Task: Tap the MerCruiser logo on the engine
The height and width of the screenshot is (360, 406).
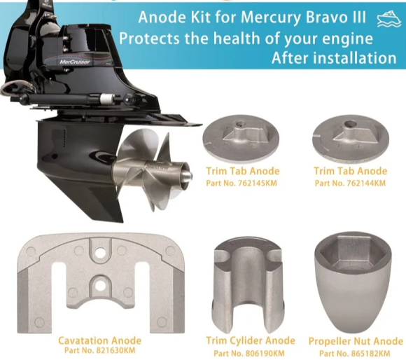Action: (x=75, y=62)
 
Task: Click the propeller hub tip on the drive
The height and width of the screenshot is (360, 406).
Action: (x=188, y=176)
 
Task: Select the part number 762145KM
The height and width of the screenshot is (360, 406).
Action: (x=257, y=183)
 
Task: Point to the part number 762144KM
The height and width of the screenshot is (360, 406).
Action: (x=366, y=183)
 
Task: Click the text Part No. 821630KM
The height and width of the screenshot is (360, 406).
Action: (x=99, y=350)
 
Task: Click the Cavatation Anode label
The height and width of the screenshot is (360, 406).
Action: (x=99, y=340)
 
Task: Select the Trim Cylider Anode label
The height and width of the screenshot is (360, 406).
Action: (x=251, y=340)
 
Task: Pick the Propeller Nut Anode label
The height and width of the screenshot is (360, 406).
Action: (x=356, y=341)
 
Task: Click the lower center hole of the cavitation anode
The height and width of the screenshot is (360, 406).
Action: (x=101, y=286)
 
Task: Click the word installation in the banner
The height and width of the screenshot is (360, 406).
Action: (x=356, y=58)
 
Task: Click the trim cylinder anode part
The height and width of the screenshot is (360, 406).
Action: (x=248, y=286)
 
